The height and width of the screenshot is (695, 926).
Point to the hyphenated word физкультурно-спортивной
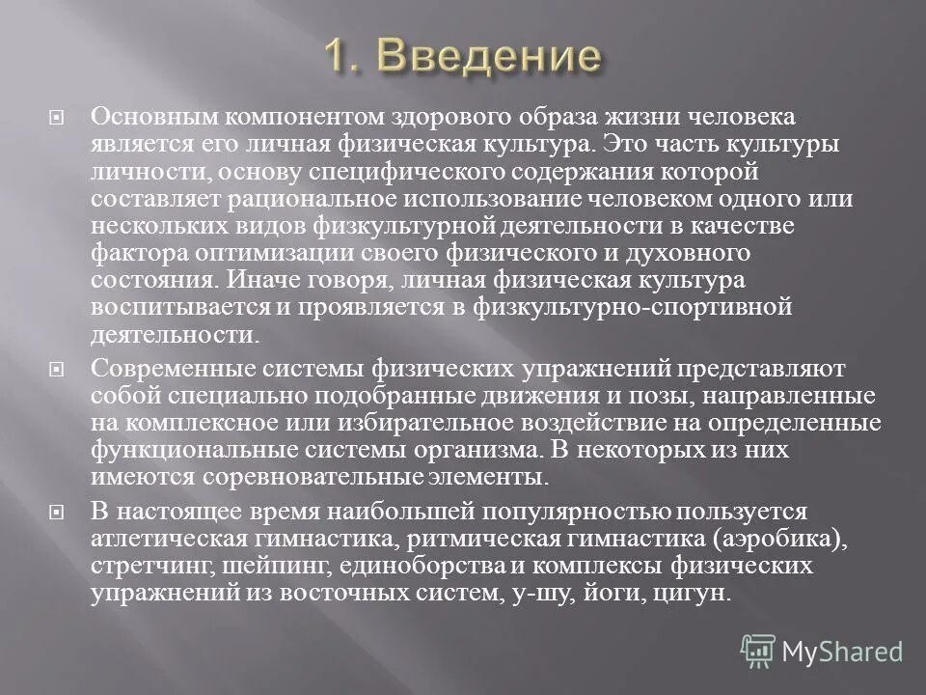point(646,307)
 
